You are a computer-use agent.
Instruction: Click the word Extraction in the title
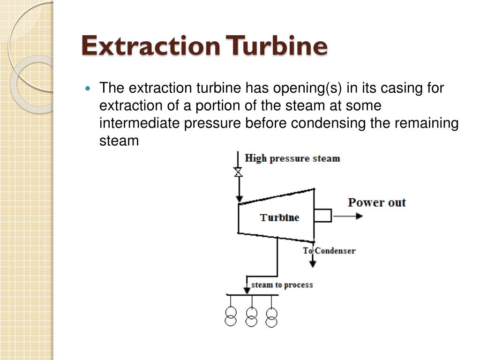(151, 45)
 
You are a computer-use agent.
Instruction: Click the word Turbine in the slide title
(277, 45)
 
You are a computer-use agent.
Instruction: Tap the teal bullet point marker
(88, 89)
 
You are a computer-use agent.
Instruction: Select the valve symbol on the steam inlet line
(238, 172)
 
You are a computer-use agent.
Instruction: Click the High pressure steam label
(292, 158)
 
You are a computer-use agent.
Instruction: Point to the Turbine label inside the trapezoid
(279, 217)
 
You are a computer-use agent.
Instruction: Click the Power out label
(377, 202)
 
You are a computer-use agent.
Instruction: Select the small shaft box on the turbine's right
(322, 216)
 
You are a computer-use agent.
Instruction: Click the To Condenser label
(329, 251)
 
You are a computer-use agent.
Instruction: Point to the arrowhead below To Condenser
(313, 264)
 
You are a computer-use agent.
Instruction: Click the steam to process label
(282, 285)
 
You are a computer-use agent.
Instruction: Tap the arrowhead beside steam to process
(247, 290)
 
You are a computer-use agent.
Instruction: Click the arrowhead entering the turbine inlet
(240, 200)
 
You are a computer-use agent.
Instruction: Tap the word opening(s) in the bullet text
(307, 88)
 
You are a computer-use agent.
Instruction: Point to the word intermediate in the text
(139, 123)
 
